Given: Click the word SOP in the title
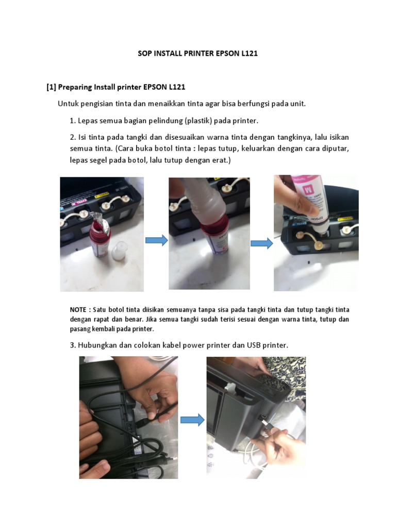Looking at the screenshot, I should pyautogui.click(x=146, y=53).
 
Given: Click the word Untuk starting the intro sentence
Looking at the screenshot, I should pyautogui.click(x=68, y=104).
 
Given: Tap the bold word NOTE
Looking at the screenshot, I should pyautogui.click(x=79, y=310).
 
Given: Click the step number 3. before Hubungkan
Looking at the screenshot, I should pyautogui.click(x=73, y=344).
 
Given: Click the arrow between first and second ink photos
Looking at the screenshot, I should pyautogui.click(x=156, y=240).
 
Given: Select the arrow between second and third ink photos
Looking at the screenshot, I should pyautogui.click(x=261, y=243).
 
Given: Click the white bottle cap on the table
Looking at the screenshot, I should pyautogui.click(x=120, y=250).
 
